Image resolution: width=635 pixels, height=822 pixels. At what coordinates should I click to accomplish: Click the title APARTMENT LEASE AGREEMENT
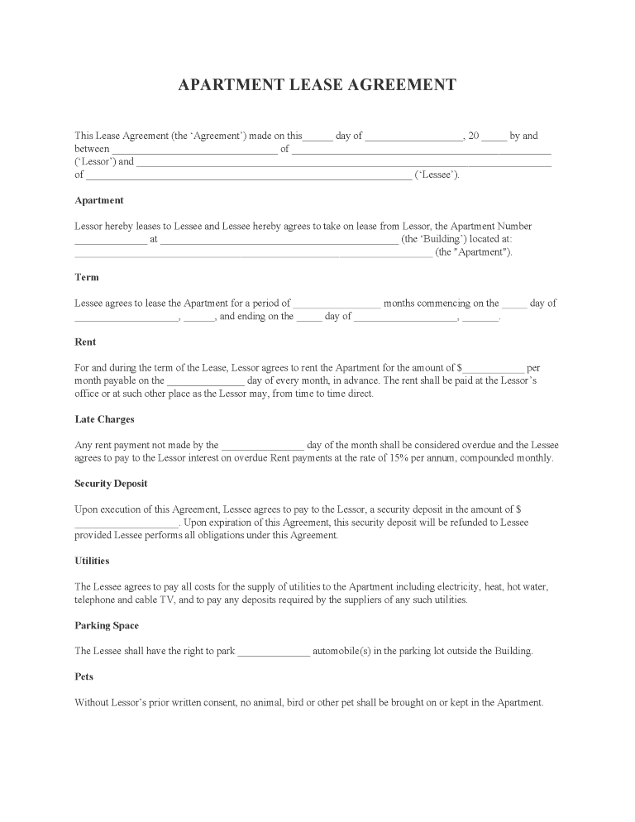click(317, 85)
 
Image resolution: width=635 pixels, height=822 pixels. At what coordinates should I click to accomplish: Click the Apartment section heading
click(99, 200)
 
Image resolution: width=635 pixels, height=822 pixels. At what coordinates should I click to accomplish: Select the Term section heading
click(87, 277)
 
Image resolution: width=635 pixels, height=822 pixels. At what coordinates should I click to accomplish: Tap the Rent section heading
click(85, 342)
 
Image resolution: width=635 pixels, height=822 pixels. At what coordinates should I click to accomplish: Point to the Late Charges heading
click(104, 419)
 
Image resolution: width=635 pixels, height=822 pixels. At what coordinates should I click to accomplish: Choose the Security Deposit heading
click(111, 484)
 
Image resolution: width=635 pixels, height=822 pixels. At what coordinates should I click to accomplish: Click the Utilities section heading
click(92, 561)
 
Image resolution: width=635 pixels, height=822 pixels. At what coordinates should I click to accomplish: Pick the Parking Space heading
click(107, 625)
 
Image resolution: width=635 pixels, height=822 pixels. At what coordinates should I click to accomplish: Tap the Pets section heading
click(84, 676)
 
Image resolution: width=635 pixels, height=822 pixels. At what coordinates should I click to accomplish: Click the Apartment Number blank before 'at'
click(111, 240)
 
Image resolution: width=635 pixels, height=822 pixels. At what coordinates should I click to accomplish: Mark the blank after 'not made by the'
click(263, 446)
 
